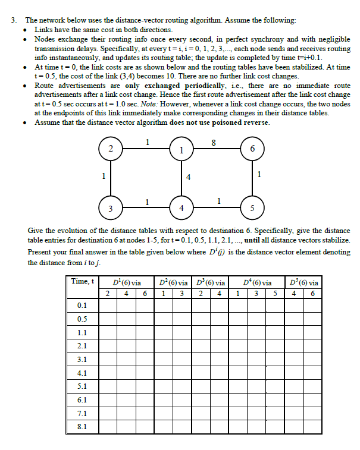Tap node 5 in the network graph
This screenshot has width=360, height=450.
[252, 207]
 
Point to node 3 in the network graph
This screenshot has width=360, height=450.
[110, 207]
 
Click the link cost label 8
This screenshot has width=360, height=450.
[214, 141]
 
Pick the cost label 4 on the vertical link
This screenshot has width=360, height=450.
[188, 177]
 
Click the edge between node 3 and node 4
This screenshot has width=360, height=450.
[145, 207]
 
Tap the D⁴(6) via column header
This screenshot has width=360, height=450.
[258, 282]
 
